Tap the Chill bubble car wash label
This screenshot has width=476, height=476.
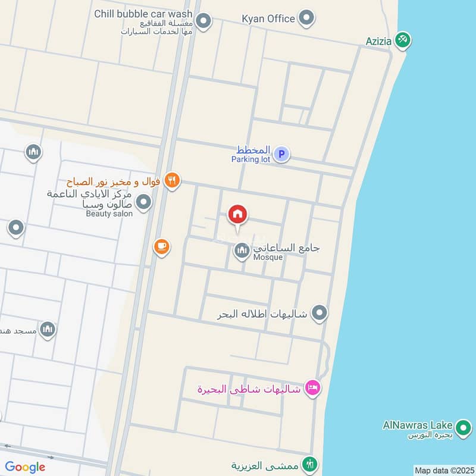143,14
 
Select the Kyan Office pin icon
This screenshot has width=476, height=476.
306,18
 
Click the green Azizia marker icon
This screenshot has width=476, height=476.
404,40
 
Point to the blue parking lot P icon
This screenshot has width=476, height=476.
282,155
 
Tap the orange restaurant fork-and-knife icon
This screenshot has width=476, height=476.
172,180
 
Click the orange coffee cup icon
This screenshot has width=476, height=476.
161,246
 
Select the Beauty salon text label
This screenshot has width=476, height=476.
109,214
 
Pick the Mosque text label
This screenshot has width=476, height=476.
268,258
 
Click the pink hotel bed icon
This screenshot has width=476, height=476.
312,389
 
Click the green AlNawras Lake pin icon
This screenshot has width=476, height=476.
463,427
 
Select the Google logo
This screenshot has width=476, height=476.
25,467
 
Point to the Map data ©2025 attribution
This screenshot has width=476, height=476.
444,470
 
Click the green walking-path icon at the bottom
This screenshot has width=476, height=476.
309,464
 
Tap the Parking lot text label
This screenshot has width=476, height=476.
250,159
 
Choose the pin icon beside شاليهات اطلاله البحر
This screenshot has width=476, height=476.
320,312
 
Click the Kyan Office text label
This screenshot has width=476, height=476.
268,18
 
